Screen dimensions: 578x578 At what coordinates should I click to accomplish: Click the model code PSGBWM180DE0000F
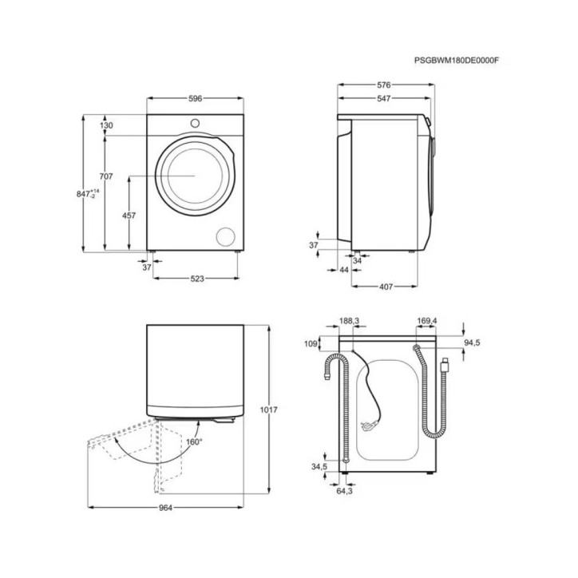[x=456, y=61]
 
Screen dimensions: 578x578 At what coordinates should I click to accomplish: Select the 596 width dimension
[x=195, y=98]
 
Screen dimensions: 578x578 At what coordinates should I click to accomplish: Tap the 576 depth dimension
[x=384, y=85]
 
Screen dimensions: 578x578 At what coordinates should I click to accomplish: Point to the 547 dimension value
[x=384, y=98]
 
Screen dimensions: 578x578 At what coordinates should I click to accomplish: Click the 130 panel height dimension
[x=106, y=125]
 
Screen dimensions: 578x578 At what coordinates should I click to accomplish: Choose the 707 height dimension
[x=106, y=176]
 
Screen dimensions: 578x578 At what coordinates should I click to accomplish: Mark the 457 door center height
[x=129, y=216]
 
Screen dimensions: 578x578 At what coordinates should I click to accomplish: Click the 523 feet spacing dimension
[x=197, y=279]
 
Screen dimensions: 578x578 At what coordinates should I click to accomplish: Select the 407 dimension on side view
[x=386, y=287]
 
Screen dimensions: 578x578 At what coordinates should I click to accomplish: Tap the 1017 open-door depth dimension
[x=269, y=410]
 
